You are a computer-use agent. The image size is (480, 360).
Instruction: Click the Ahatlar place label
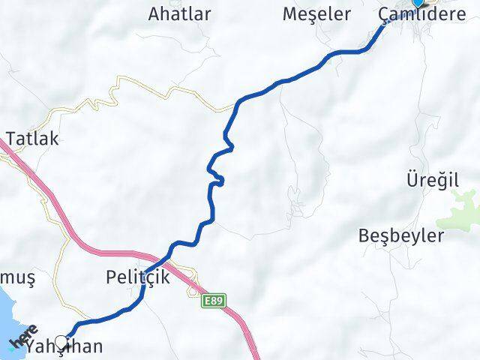tap(179, 13)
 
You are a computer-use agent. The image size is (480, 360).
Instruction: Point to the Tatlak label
tap(31, 139)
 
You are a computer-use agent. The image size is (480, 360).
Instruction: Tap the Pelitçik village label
tap(138, 277)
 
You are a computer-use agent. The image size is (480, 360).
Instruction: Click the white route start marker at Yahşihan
tap(62, 342)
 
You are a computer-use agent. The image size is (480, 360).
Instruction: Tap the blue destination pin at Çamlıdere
tap(418, 2)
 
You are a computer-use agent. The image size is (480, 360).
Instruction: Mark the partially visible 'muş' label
tap(18, 277)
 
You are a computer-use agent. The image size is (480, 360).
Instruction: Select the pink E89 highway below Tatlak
tap(45, 187)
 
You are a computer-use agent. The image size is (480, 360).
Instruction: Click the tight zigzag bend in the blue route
tap(217, 177)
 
